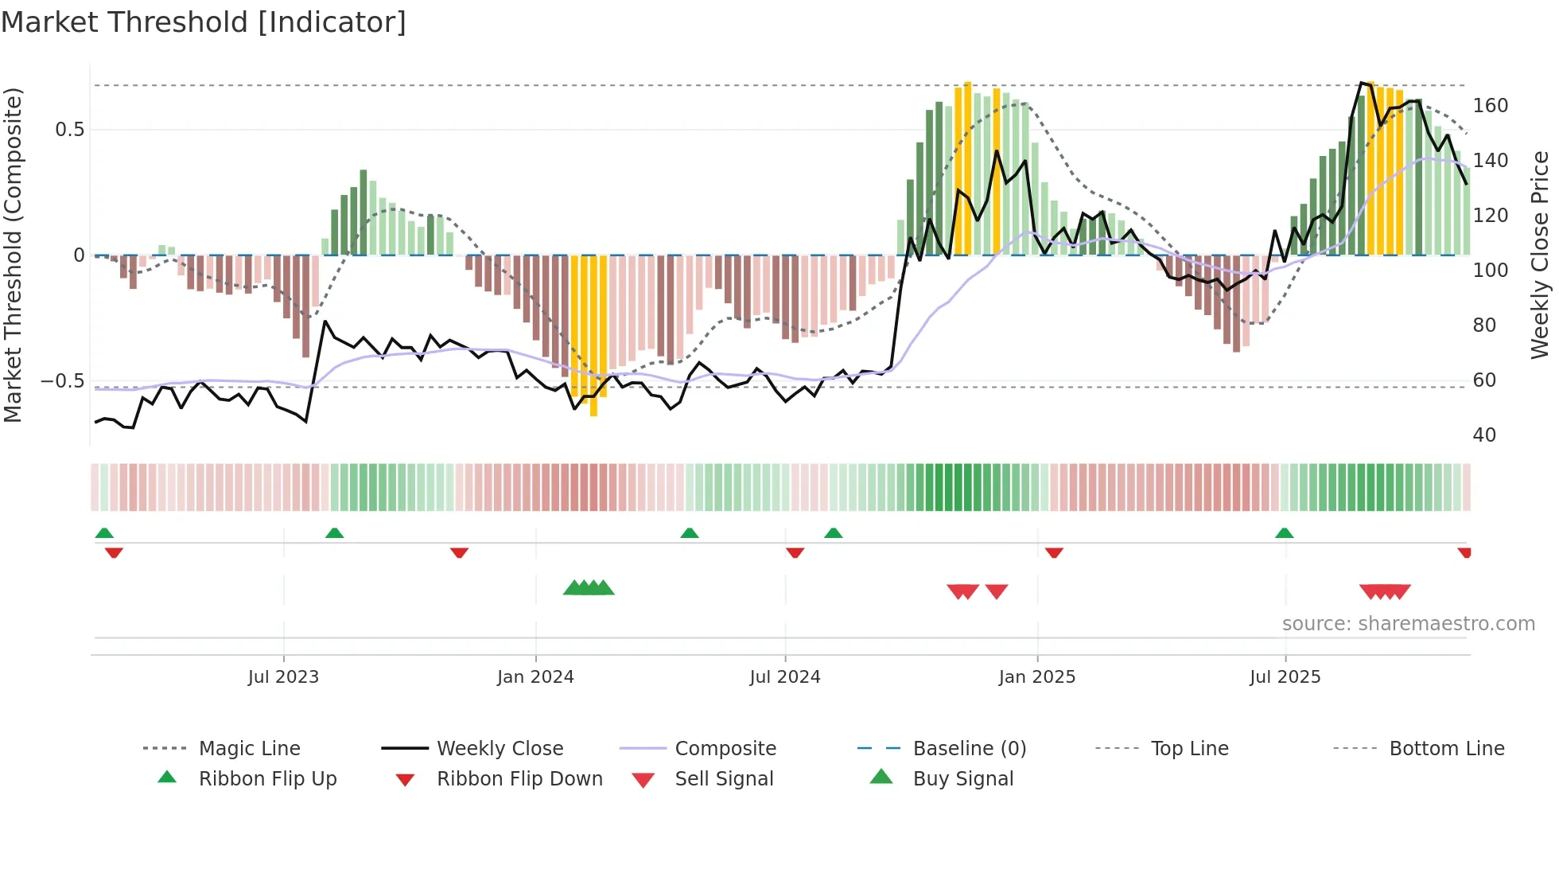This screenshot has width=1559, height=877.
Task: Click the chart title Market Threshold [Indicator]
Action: click(x=204, y=22)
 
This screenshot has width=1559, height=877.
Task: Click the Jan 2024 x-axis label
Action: click(x=535, y=677)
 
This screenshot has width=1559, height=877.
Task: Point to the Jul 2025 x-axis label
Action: click(x=1285, y=677)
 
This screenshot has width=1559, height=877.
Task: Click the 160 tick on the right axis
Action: click(x=1490, y=106)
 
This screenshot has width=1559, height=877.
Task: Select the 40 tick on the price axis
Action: click(x=1484, y=435)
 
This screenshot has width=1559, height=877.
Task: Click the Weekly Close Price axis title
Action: click(x=1540, y=255)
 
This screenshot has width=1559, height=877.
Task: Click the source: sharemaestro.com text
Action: click(x=1408, y=624)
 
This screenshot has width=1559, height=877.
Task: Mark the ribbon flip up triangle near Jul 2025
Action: click(x=1284, y=533)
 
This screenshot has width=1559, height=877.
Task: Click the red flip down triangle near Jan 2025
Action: click(x=1054, y=552)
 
